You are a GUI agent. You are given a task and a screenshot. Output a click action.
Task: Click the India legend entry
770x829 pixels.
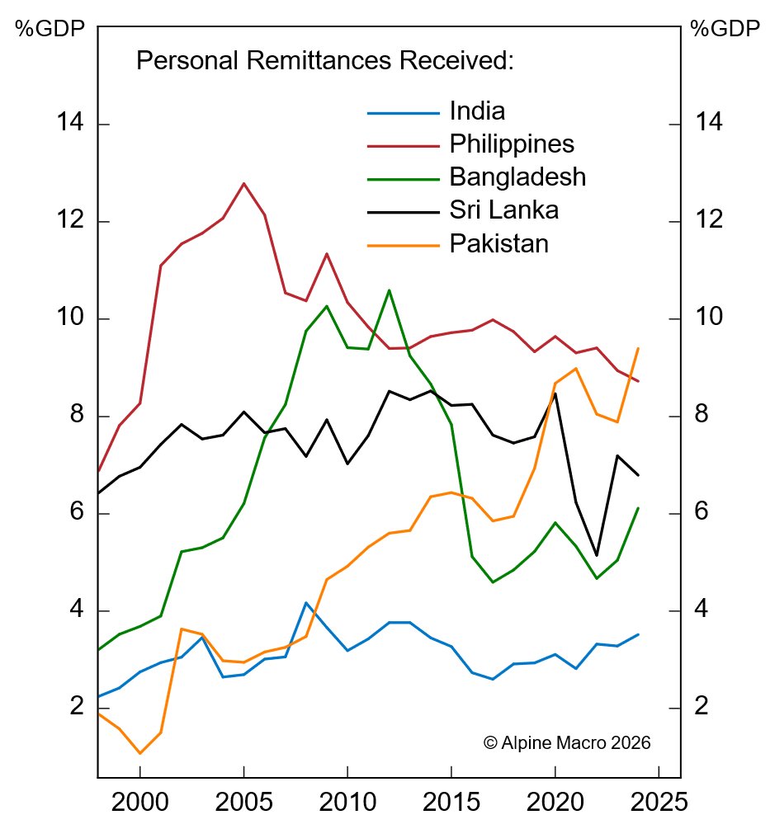point(477,111)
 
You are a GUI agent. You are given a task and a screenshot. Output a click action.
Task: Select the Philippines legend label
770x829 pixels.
point(512,144)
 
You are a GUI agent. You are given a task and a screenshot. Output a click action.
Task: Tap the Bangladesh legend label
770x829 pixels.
point(517,177)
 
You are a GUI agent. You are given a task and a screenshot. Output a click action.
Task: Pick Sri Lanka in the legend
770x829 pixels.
point(504,210)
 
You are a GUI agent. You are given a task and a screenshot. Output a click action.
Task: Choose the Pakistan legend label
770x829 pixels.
point(498,243)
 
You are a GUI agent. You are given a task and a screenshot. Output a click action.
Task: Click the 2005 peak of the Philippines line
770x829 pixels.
point(243,183)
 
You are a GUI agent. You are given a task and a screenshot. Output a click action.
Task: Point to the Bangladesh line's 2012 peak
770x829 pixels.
point(389,290)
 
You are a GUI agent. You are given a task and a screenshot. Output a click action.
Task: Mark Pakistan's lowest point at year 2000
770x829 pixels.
point(139,753)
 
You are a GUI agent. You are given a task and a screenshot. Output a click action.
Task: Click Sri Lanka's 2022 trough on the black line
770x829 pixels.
point(597,556)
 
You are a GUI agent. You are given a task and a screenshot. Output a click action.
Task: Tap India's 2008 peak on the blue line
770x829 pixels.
point(306,603)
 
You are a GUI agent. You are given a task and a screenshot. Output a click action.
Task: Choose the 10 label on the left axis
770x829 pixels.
point(71,318)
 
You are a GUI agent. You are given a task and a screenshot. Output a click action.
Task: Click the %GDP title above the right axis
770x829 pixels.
point(724,29)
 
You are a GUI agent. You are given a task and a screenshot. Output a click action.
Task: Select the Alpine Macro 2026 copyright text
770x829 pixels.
point(566,742)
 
